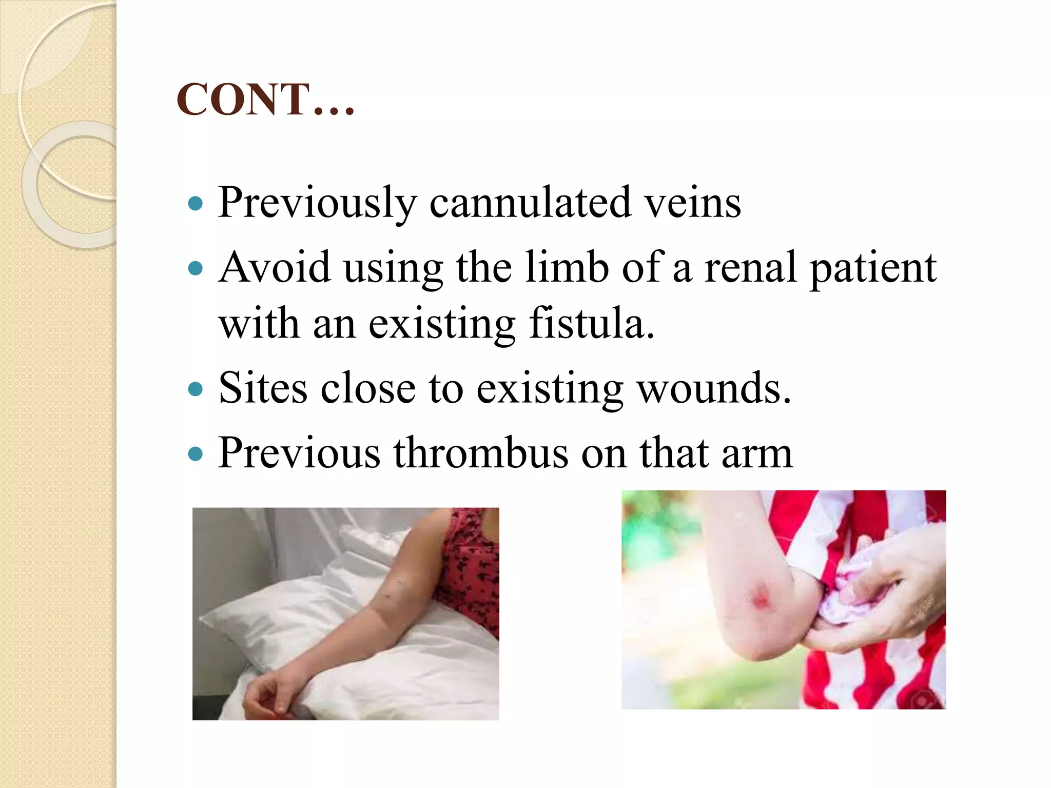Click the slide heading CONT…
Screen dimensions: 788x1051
pos(265,100)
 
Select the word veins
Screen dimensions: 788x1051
pos(692,202)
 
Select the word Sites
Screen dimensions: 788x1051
pos(263,388)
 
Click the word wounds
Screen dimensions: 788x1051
pos(714,388)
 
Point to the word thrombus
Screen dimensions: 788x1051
pos(481,453)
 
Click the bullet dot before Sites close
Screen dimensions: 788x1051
pos(196,389)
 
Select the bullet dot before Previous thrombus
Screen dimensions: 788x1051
pos(196,454)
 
